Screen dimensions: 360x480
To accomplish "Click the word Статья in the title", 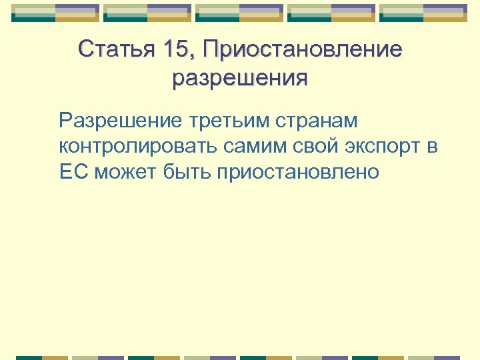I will pyautogui.click(x=115, y=49).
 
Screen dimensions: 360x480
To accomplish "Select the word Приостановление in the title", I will pyautogui.click(x=303, y=49).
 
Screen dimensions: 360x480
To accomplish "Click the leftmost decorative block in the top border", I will pyautogui.click(x=55, y=13).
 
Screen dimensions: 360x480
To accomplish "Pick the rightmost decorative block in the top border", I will pyautogui.click(x=423, y=13).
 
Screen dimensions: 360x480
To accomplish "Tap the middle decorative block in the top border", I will pyautogui.click(x=239, y=13).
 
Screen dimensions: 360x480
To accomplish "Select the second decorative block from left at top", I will pyautogui.click(x=147, y=13).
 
